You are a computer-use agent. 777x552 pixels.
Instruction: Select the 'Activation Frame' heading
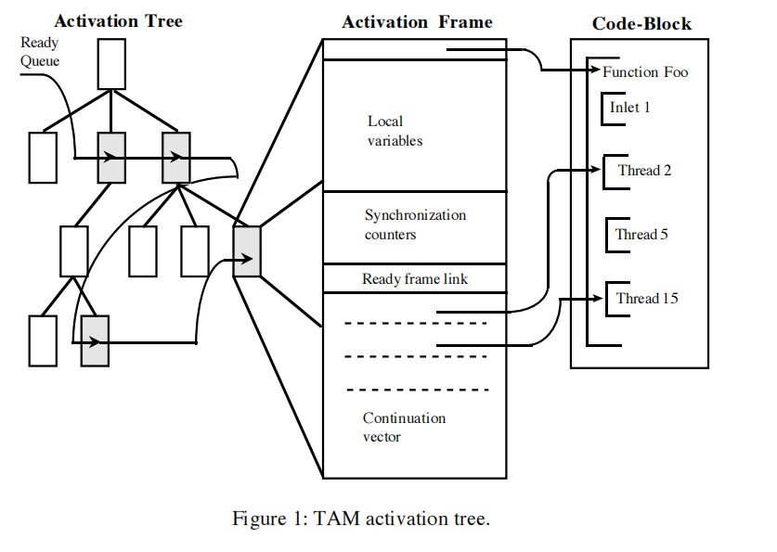pos(417,21)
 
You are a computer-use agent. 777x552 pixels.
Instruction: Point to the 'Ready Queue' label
pos(40,51)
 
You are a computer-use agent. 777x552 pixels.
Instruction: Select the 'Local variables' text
pos(395,131)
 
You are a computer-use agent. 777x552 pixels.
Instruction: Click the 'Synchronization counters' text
pos(415,225)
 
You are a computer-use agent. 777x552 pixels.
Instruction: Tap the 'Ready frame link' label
pos(415,278)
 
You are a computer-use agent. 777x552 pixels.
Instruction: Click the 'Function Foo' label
pos(645,71)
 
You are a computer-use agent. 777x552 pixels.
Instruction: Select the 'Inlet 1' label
pos(630,108)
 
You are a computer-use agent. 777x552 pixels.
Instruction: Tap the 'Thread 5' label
pos(641,234)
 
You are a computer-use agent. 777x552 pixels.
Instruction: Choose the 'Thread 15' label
pos(646,298)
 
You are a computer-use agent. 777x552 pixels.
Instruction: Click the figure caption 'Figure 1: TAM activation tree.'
pos(361,519)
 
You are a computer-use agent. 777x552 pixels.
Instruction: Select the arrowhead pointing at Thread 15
pos(600,298)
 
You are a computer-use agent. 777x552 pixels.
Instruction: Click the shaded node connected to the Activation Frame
pos(247,250)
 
